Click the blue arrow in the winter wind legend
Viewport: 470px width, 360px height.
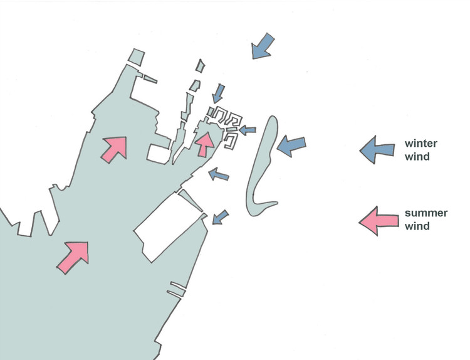coord(377,150)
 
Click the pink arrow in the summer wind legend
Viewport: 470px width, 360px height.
coord(379,221)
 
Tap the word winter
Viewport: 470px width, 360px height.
coord(421,144)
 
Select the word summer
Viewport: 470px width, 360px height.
coord(426,213)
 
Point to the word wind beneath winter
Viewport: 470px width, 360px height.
coord(417,156)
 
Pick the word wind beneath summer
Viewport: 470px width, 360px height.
coord(417,226)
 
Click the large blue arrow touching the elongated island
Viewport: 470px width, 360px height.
coord(291,146)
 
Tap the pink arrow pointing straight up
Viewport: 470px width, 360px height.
coord(205,144)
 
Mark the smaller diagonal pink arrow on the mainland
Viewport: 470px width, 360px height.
coord(114,149)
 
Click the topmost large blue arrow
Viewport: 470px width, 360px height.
coord(263,46)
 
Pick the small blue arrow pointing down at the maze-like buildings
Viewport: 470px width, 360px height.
coord(218,93)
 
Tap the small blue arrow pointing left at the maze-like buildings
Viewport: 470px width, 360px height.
coord(248,130)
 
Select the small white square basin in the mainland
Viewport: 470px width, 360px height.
coord(159,154)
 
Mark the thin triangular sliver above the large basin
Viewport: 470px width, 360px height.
coord(192,200)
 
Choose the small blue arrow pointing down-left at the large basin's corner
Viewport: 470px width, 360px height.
coord(220,217)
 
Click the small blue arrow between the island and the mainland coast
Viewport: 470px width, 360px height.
coord(219,174)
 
